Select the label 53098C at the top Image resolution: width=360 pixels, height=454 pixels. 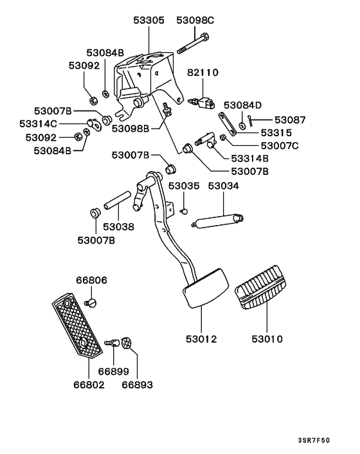pos(194,21)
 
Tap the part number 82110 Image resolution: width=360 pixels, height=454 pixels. pos(203,74)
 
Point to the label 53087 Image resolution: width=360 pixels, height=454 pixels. pos(290,120)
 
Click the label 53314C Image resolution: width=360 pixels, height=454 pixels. pos(38,123)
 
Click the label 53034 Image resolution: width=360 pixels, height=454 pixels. pos(223,186)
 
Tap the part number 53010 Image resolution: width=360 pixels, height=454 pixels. pos(267,339)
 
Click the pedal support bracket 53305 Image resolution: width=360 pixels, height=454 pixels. pos(143,77)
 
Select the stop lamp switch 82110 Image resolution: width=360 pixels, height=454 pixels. pos(202,100)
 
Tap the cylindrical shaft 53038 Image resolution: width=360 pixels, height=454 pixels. pos(118,203)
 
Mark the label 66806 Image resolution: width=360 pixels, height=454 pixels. pos(91,280)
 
